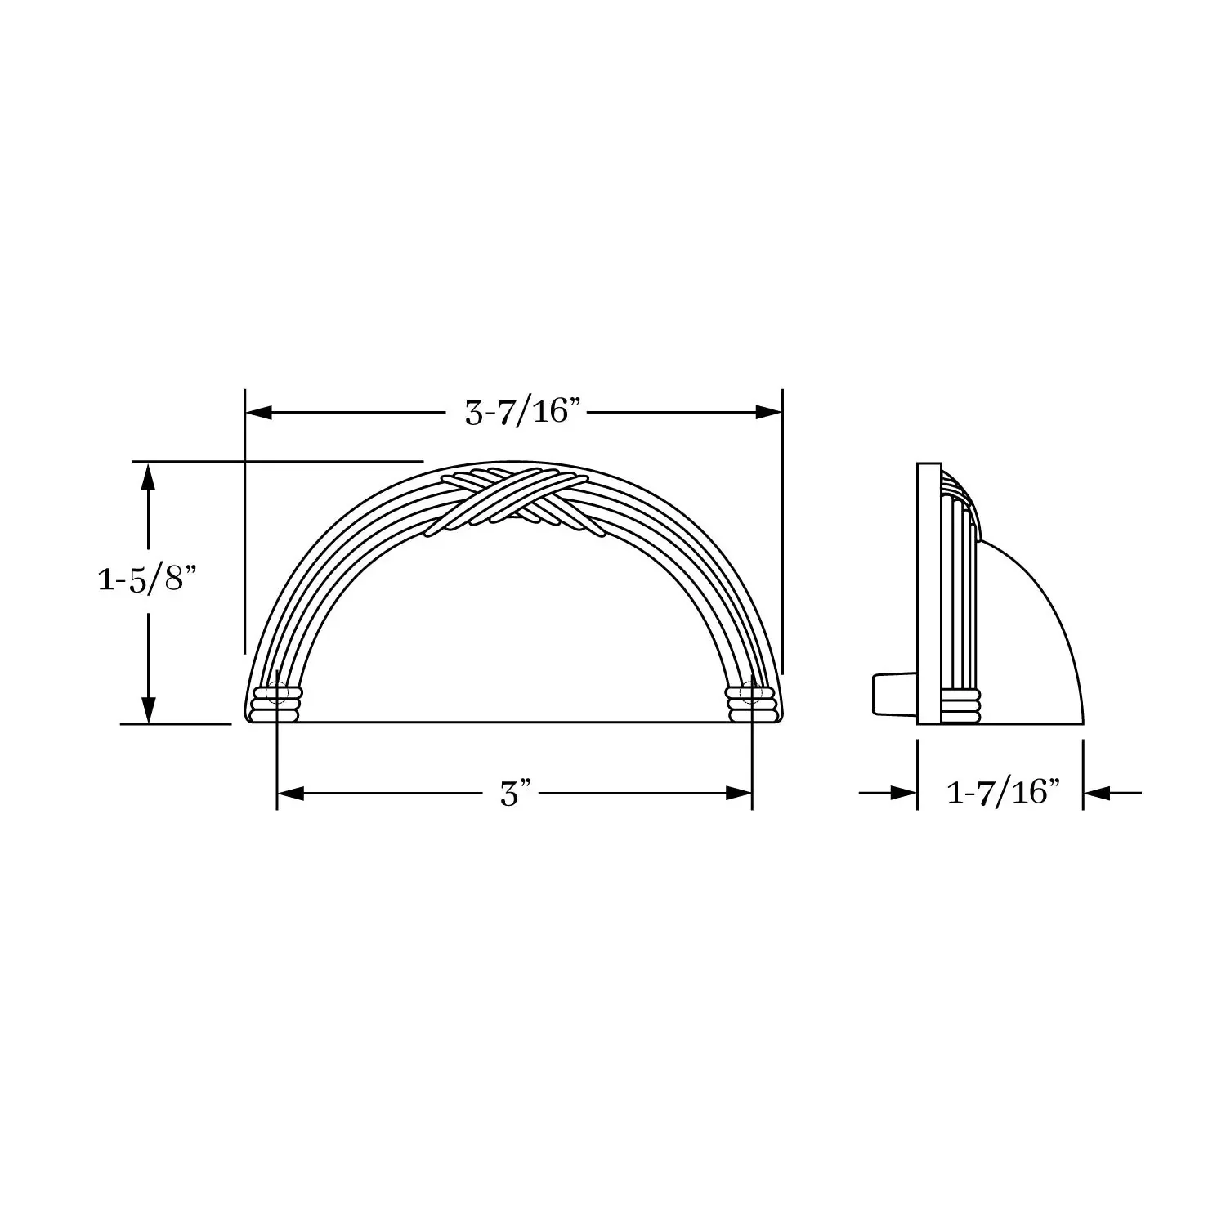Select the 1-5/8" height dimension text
click(148, 579)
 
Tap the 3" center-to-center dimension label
click(516, 794)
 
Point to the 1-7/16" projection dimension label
click(1003, 792)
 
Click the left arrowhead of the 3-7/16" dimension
click(259, 413)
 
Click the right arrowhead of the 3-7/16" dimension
click(769, 413)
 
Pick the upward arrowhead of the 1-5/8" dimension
click(148, 476)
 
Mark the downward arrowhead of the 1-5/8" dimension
click(148, 709)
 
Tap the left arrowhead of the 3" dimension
click(291, 793)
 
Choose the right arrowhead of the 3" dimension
click(739, 793)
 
